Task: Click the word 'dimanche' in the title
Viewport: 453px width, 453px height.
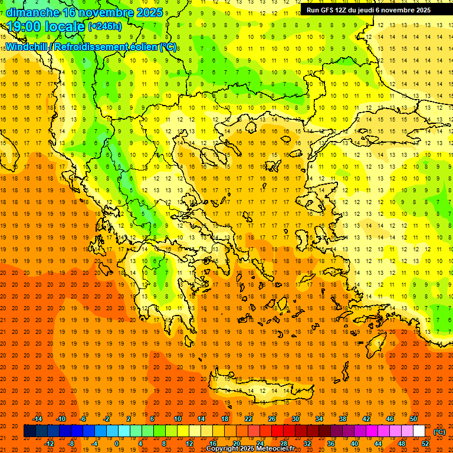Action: [32, 12]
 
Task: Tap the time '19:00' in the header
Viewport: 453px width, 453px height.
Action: [24, 27]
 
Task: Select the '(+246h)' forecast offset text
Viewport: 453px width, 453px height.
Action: [104, 26]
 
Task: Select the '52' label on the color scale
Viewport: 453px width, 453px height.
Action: [425, 443]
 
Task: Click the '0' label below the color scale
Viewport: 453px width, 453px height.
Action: [117, 443]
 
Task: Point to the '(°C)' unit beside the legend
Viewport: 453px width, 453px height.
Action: [439, 432]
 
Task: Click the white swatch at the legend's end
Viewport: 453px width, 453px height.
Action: [419, 431]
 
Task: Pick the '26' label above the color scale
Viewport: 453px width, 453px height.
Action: [272, 419]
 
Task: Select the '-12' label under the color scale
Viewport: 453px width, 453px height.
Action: [49, 443]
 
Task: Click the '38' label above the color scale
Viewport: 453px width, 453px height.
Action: [343, 419]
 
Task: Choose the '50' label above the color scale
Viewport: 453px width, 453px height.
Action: [413, 419]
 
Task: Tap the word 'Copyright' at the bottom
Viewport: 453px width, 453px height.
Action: [222, 449]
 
